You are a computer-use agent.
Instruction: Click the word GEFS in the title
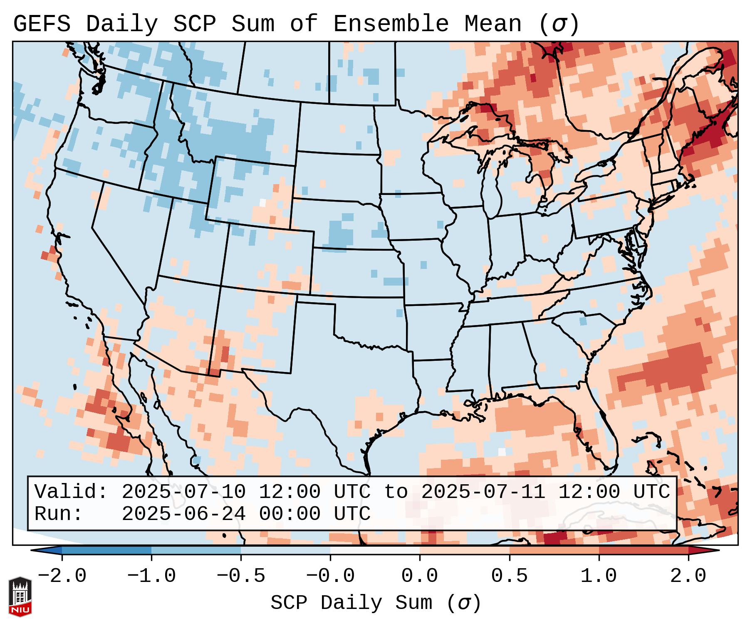(x=42, y=24)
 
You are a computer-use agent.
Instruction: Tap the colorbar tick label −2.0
(x=62, y=576)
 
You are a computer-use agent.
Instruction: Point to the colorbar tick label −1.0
(x=151, y=576)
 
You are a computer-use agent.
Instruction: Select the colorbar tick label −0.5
(x=241, y=576)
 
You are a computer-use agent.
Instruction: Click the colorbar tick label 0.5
(x=509, y=576)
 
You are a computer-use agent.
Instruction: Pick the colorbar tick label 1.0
(x=599, y=576)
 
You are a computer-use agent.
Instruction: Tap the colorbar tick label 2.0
(x=688, y=576)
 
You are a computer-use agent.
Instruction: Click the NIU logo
(x=20, y=596)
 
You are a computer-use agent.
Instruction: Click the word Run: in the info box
(x=58, y=514)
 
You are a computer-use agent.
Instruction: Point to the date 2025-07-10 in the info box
(x=183, y=492)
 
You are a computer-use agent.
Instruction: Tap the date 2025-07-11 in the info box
(x=483, y=492)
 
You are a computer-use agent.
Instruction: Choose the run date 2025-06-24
(x=183, y=514)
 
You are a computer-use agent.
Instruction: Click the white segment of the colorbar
(x=375, y=550)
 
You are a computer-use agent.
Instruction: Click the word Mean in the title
(x=493, y=24)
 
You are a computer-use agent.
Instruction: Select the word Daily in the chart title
(x=122, y=24)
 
